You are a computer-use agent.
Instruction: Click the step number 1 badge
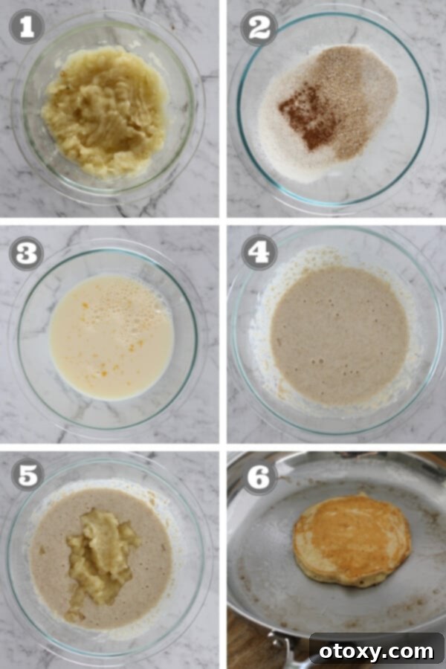point(27,28)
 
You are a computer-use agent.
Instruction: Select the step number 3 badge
point(27,253)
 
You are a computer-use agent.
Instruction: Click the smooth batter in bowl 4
point(339,334)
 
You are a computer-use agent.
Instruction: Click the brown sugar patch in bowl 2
point(357,89)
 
